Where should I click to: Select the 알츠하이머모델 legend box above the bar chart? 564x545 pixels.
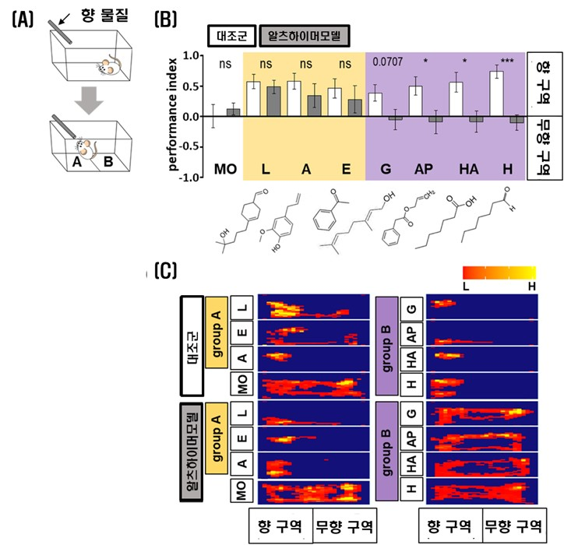(x=305, y=35)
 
